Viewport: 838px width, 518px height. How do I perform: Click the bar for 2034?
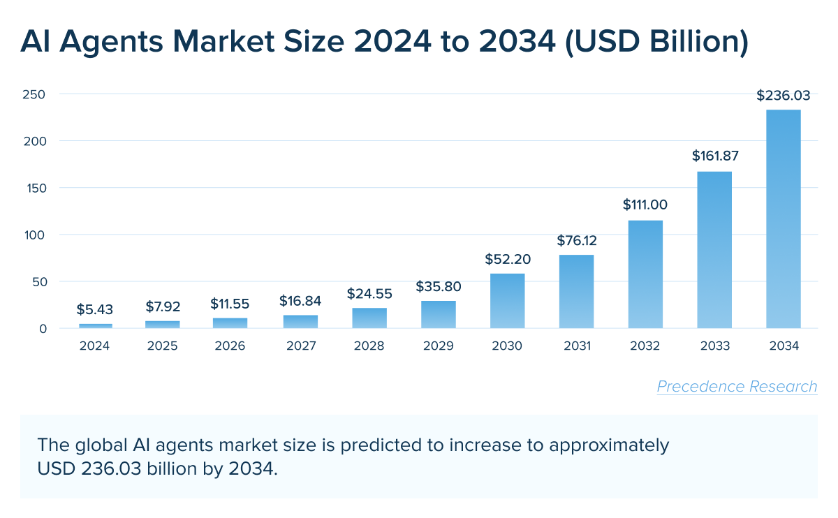click(x=784, y=219)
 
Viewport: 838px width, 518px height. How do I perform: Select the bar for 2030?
click(x=508, y=301)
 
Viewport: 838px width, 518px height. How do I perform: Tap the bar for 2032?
click(x=645, y=274)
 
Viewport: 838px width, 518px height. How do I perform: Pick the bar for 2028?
click(x=369, y=318)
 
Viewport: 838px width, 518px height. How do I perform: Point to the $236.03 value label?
click(x=784, y=96)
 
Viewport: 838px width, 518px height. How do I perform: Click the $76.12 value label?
click(x=577, y=241)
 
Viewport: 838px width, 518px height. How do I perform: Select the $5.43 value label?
click(x=95, y=309)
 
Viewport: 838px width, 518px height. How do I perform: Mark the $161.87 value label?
click(x=715, y=156)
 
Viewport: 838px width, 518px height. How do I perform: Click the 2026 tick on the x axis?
click(x=230, y=346)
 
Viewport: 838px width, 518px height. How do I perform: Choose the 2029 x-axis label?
click(x=439, y=346)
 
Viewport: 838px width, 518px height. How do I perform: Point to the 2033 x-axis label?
click(x=715, y=346)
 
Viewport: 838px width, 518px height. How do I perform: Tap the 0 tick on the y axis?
click(x=43, y=329)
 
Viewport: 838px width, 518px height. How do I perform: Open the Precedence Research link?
click(x=737, y=387)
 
